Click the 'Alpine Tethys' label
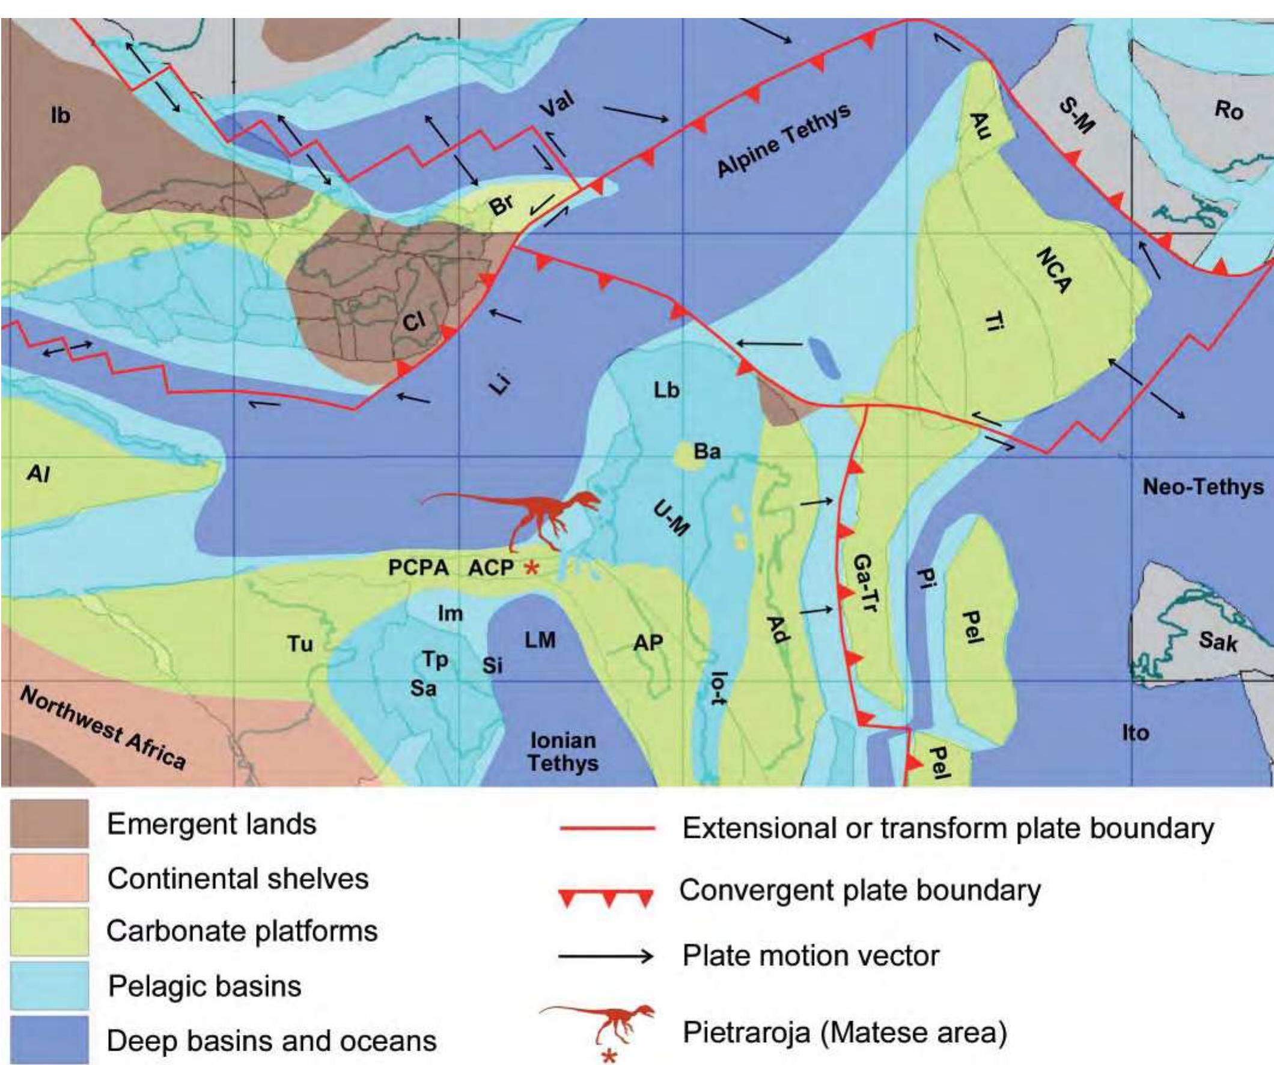(x=784, y=141)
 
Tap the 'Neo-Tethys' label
(x=1203, y=487)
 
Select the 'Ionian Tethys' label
(x=563, y=752)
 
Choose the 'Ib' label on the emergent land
(x=60, y=115)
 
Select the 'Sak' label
(x=1217, y=640)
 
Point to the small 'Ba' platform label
(x=707, y=451)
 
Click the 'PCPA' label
(x=419, y=568)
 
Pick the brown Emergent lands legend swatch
(x=50, y=824)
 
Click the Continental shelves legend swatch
(x=50, y=878)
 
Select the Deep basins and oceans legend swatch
(x=50, y=1040)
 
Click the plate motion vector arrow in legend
(x=607, y=956)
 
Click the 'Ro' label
(x=1228, y=111)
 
